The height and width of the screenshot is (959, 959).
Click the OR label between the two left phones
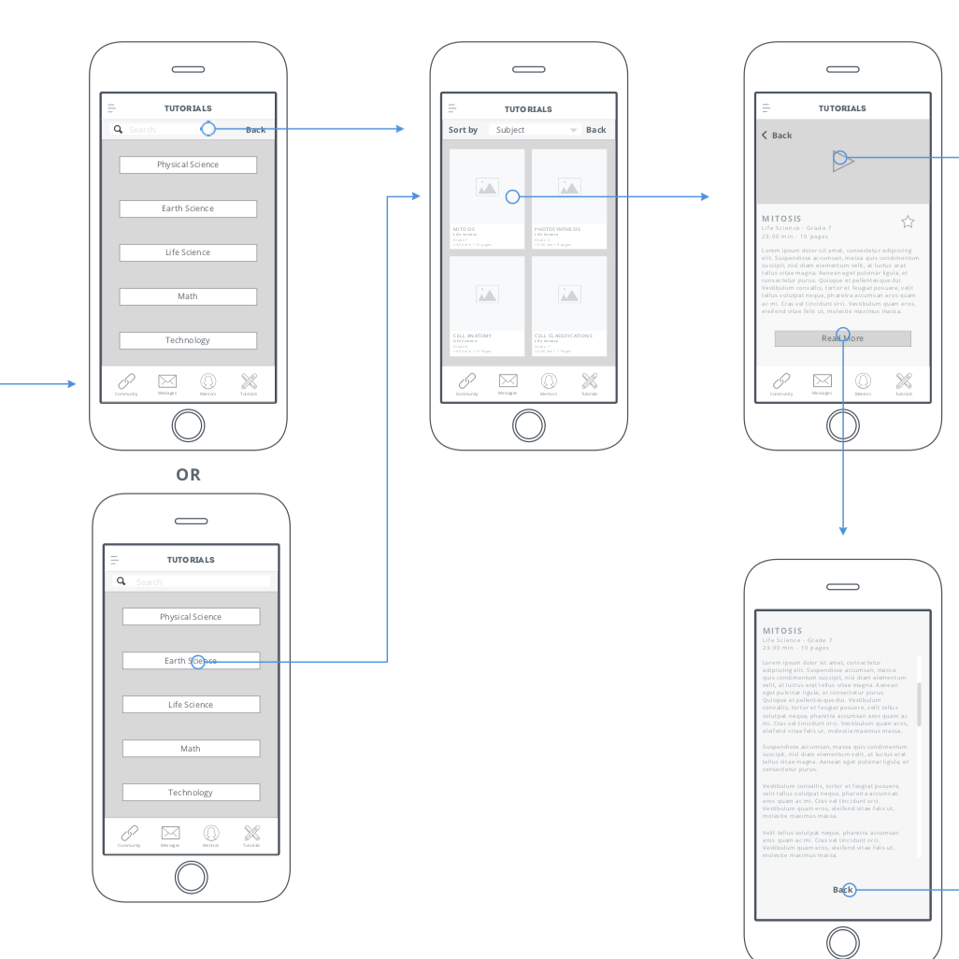[x=188, y=475]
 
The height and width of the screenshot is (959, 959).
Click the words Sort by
[x=463, y=130]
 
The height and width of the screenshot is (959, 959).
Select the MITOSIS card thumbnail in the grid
[x=487, y=187]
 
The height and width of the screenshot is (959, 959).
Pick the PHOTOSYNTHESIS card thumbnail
[x=569, y=187]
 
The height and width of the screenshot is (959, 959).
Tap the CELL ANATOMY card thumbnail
[x=487, y=293]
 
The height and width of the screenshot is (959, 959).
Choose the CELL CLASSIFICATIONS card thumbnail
[x=569, y=293]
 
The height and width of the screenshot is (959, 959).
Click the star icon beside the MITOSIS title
[x=908, y=222]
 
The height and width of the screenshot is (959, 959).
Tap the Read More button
[x=842, y=338]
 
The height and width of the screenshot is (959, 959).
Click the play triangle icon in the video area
[x=843, y=162]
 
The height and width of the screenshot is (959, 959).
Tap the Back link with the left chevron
[x=777, y=136]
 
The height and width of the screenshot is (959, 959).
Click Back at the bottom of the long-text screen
[x=843, y=890]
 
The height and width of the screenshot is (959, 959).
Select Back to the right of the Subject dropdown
[x=596, y=130]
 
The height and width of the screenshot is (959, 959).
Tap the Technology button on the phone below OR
[x=191, y=793]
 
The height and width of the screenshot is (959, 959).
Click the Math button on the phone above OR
[x=188, y=296]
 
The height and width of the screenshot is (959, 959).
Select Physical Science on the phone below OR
[x=191, y=617]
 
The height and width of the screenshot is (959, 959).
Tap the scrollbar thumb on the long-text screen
[x=919, y=704]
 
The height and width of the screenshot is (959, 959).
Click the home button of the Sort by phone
[x=529, y=426]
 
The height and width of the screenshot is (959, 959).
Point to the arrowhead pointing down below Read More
[x=843, y=531]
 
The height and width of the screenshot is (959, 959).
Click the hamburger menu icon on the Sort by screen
[x=452, y=108]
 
